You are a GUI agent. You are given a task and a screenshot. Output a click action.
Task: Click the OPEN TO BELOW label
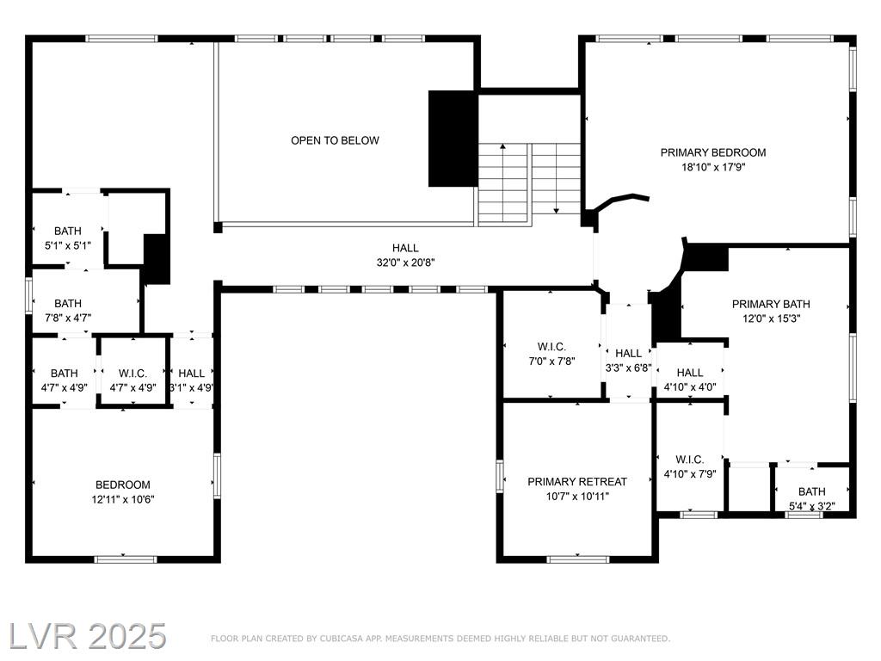335,140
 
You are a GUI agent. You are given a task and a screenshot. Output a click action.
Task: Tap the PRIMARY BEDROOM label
713,152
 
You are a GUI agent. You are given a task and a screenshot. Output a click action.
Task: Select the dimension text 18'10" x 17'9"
713,167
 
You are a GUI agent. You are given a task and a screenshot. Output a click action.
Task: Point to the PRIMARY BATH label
771,304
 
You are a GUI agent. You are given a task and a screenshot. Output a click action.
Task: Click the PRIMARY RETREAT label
577,482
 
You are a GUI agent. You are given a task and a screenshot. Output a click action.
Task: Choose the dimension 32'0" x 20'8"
406,262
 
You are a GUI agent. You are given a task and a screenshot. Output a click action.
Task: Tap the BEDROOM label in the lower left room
122,485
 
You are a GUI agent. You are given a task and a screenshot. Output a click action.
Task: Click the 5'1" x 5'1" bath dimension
67,245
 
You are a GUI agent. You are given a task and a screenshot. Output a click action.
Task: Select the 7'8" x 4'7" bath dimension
67,318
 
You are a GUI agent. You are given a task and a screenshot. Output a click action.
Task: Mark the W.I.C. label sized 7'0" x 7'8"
551,347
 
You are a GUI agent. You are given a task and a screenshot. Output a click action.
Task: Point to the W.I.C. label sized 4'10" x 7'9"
690,460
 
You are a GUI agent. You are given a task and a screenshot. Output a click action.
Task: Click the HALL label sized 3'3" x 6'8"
628,353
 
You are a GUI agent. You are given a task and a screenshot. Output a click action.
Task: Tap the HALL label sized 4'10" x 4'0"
690,373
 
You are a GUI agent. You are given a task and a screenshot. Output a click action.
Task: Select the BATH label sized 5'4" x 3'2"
812,491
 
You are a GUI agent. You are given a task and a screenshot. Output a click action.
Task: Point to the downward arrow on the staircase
557,179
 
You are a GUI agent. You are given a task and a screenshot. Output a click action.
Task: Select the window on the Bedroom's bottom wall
126,559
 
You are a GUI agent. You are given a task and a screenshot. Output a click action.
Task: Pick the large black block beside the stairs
453,139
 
